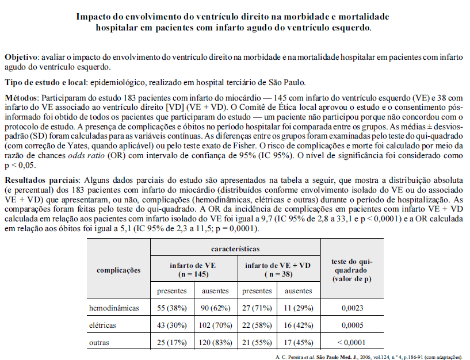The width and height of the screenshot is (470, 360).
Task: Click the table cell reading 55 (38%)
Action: (172, 308)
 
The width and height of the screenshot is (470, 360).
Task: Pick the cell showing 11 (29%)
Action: (299, 308)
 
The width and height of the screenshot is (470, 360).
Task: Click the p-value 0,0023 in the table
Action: (352, 308)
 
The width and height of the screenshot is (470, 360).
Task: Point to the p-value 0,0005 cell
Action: (352, 325)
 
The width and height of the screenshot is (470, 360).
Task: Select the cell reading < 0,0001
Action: (352, 343)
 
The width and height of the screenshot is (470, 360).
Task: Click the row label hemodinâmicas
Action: (114, 308)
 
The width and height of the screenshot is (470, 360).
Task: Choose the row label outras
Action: (99, 343)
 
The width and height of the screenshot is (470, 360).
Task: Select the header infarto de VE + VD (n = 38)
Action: (278, 270)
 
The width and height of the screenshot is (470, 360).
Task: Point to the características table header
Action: (235, 249)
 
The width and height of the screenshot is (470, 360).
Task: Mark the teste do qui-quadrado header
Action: (352, 270)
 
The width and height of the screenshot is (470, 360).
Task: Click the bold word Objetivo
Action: (21, 58)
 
